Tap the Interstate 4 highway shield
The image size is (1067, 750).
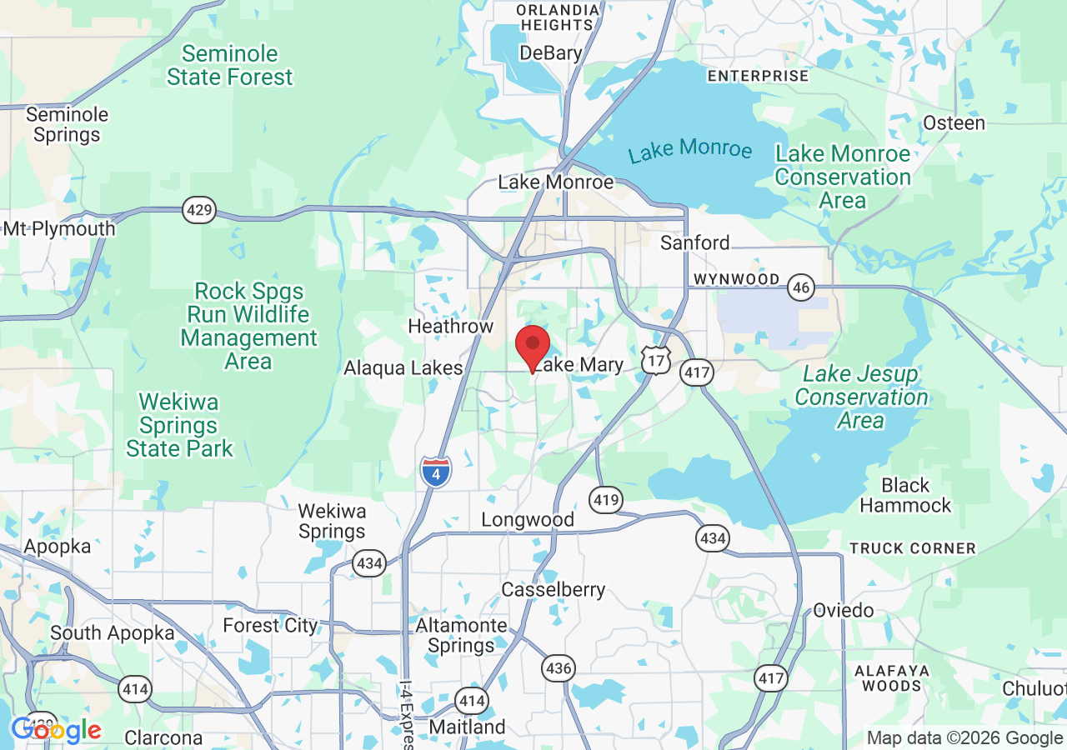coord(436,472)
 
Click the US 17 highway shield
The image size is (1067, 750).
coord(657,360)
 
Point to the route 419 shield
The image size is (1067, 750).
coord(606,500)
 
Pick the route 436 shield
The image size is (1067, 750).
coord(558,667)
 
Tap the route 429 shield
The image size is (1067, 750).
coord(199,210)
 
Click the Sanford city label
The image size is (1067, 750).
coord(694,242)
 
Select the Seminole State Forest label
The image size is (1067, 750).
coord(230,66)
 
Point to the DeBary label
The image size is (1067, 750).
coord(550,53)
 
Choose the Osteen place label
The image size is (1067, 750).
coord(954,123)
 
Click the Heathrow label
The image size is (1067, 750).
coord(450,326)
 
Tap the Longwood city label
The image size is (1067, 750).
coord(528,520)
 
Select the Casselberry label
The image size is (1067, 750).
coord(553,590)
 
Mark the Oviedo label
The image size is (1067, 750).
coord(844,610)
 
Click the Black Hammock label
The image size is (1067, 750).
coord(905,495)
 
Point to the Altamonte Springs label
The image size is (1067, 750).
coord(461,635)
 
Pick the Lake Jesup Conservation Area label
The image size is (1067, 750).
coord(861,397)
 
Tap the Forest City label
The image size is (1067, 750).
coord(270,625)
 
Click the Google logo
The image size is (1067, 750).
coord(56,731)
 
